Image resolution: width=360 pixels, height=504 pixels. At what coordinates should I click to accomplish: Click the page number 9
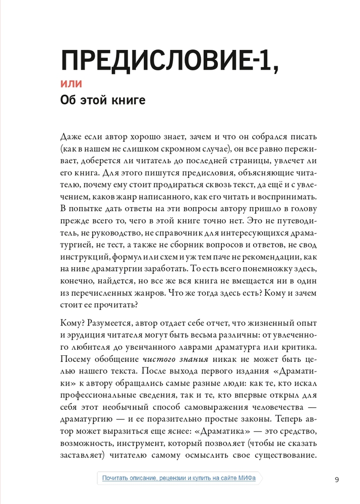tap(337, 479)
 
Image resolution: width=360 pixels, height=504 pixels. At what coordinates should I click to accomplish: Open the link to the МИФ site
tap(178, 478)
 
